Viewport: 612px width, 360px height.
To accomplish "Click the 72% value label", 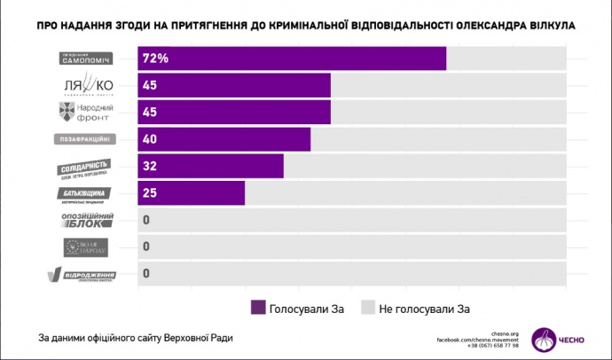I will [x=156, y=59].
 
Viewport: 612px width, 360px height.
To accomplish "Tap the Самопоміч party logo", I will [x=86, y=59].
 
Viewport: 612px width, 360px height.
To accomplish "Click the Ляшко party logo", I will [x=86, y=86].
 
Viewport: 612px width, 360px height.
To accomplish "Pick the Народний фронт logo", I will [x=86, y=113].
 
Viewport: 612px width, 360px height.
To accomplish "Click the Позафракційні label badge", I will [x=86, y=139].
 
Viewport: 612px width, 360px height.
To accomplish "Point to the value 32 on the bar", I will [x=151, y=167].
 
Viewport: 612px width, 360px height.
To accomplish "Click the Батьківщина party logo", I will [x=86, y=193].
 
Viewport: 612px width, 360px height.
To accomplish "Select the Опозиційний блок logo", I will [x=86, y=220].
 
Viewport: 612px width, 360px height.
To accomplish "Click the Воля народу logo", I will [x=86, y=247].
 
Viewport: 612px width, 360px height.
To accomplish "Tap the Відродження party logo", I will [x=86, y=274].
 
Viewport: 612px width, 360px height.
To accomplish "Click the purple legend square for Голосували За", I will [x=259, y=308].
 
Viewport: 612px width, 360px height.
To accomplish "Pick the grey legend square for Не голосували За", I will [x=366, y=308].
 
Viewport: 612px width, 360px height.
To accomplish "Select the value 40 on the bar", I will [x=151, y=139].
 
